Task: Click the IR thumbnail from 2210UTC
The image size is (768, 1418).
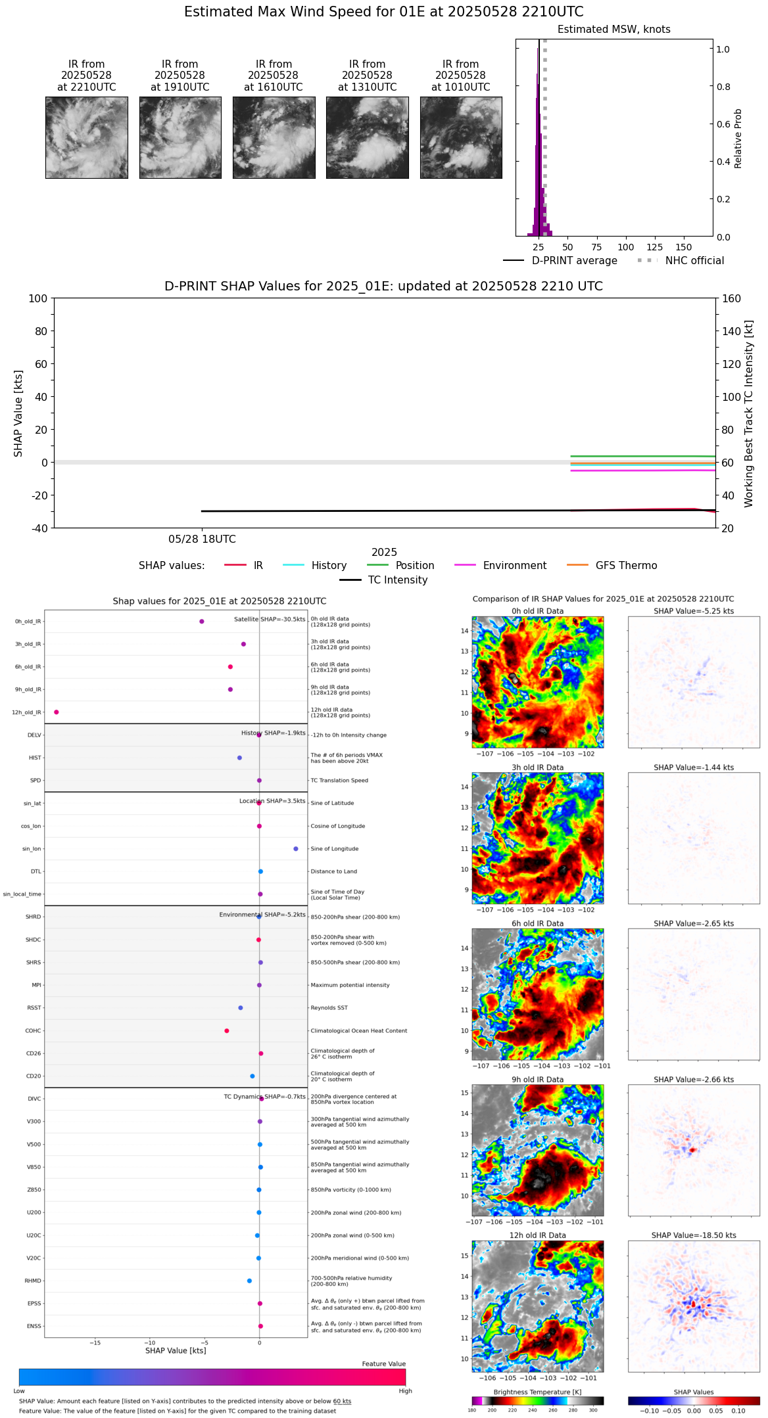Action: [86, 137]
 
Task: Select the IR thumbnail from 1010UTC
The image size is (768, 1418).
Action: [460, 137]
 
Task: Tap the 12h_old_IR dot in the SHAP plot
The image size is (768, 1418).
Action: [57, 712]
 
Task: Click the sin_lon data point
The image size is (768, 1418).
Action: [296, 848]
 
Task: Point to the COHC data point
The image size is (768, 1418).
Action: [227, 1030]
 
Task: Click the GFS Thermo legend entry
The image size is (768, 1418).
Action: [626, 565]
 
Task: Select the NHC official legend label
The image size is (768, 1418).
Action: [694, 260]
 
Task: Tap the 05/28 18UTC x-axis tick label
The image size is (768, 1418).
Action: [202, 539]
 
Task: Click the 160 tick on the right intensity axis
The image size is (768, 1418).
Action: [731, 298]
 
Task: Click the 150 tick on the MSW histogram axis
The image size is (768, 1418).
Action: [684, 247]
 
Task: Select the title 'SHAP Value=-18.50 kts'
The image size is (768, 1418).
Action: [694, 1235]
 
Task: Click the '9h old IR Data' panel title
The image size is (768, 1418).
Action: [537, 1079]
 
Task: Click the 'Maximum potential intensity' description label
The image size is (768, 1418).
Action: [350, 985]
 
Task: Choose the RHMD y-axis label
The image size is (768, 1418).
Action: [33, 1280]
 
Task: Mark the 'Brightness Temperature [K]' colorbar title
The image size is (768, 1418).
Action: [537, 1392]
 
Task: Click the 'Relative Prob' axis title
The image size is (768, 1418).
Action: [738, 138]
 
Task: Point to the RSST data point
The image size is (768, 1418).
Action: [241, 1007]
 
